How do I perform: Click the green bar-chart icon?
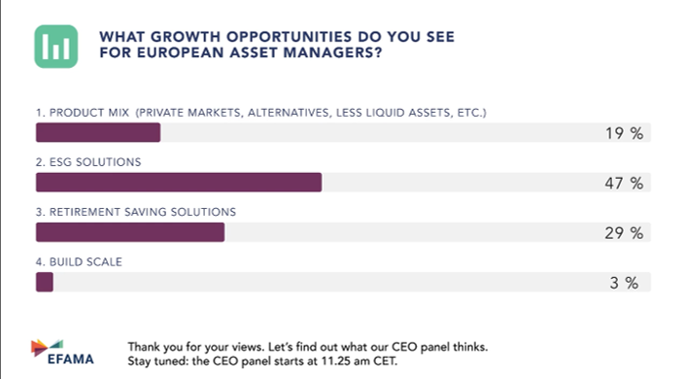(x=56, y=45)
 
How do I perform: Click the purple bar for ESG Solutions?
(x=178, y=183)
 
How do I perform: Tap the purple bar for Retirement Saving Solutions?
(x=129, y=233)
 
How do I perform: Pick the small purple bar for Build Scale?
(x=44, y=283)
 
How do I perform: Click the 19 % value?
(x=622, y=133)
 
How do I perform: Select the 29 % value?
(x=622, y=233)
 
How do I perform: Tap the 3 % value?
(x=627, y=283)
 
